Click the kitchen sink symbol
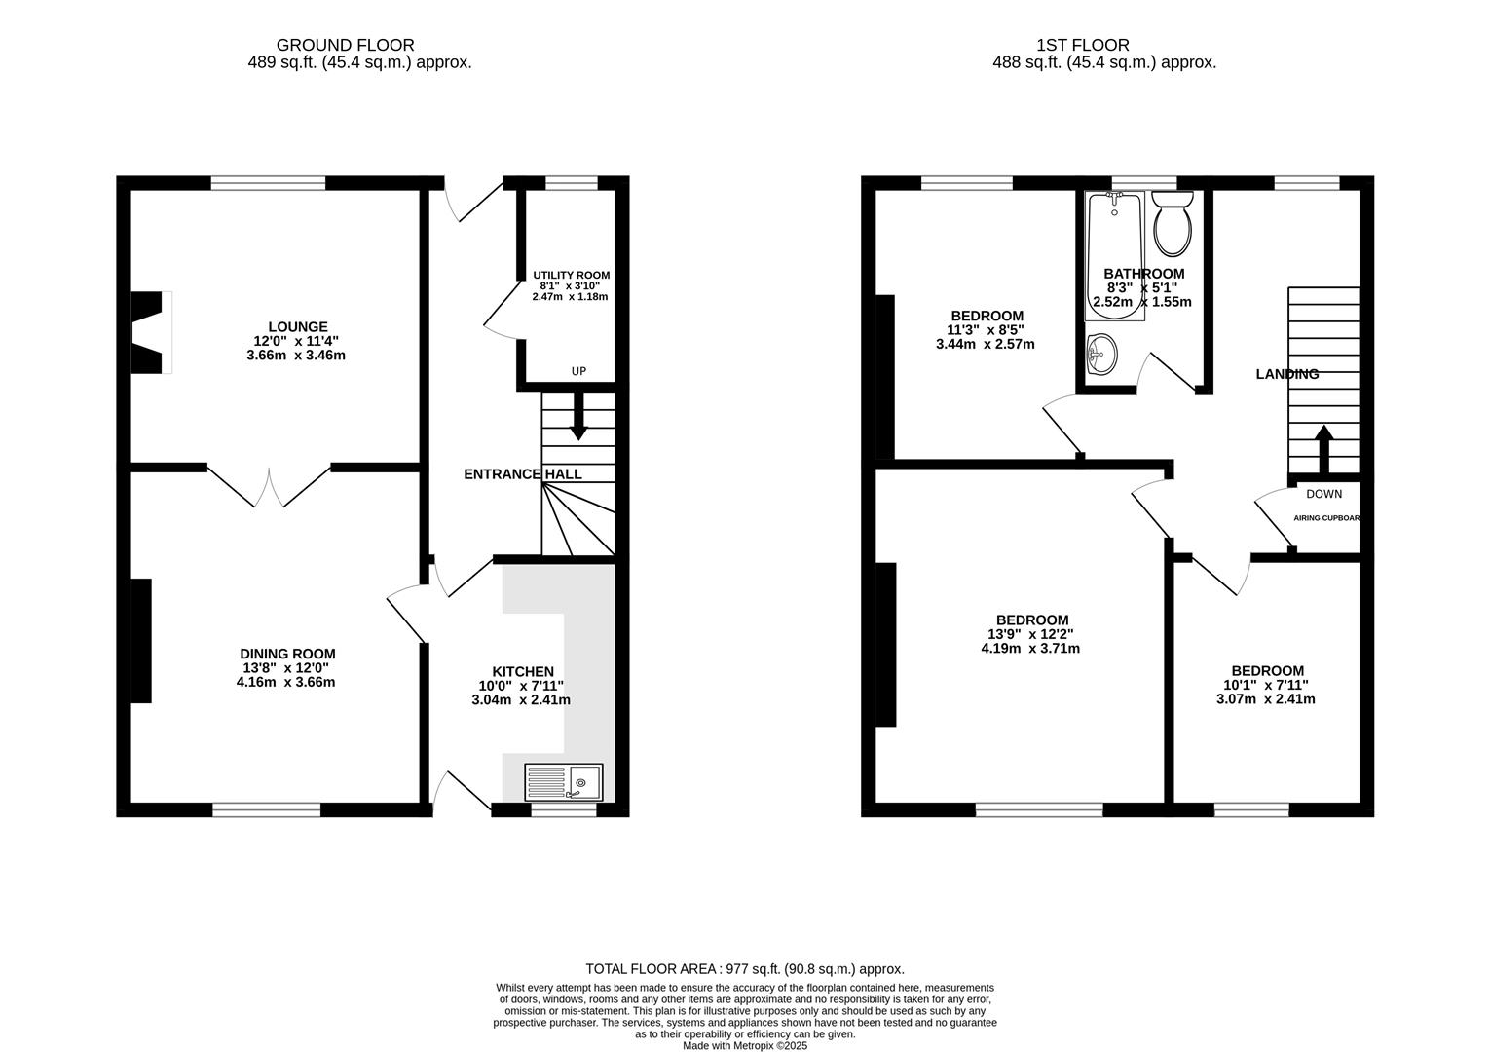pyautogui.click(x=563, y=781)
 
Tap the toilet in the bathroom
pyautogui.click(x=1173, y=222)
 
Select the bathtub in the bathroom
pyautogui.click(x=1114, y=255)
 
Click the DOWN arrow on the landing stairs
pyautogui.click(x=1323, y=449)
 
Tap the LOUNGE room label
pyautogui.click(x=298, y=326)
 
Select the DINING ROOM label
pyautogui.click(x=287, y=654)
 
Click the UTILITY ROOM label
pyautogui.click(x=571, y=276)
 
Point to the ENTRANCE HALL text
pyautogui.click(x=522, y=474)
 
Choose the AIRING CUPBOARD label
pyautogui.click(x=1325, y=518)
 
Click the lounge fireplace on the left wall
pyautogui.click(x=151, y=332)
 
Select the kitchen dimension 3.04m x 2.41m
pyautogui.click(x=521, y=699)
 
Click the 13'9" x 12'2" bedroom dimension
pyautogui.click(x=1031, y=634)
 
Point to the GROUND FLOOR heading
pyautogui.click(x=345, y=45)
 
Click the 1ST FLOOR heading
pyautogui.click(x=1082, y=45)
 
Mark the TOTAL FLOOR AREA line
pyautogui.click(x=744, y=969)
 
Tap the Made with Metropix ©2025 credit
pyautogui.click(x=744, y=1045)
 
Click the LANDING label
pyautogui.click(x=1286, y=374)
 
